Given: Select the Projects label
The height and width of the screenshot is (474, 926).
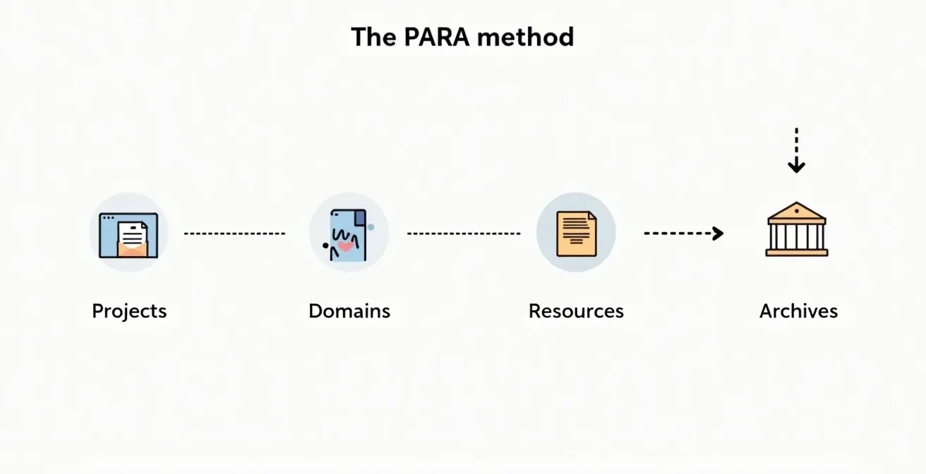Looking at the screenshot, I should (129, 311).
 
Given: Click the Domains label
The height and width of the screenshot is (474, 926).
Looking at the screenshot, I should (349, 311).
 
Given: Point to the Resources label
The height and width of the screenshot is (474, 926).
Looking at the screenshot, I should (576, 311).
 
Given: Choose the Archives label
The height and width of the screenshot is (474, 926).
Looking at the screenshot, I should (798, 311).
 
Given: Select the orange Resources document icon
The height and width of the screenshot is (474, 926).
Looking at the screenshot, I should (576, 233).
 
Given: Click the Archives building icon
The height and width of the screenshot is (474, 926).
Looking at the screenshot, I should (797, 230).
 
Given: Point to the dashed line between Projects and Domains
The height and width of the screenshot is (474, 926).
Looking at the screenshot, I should (234, 233).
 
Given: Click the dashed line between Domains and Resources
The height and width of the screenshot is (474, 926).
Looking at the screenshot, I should (464, 233).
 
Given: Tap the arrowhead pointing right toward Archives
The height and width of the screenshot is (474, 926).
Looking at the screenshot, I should (718, 233).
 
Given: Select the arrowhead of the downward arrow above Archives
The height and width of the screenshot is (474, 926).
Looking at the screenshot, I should (796, 167).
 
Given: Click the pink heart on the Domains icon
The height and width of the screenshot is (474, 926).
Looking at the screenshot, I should (346, 246).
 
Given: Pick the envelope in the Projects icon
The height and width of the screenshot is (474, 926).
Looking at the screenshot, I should (131, 246).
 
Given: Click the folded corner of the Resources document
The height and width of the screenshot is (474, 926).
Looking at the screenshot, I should (591, 216).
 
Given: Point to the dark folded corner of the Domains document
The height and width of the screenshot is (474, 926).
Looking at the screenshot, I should (360, 217).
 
